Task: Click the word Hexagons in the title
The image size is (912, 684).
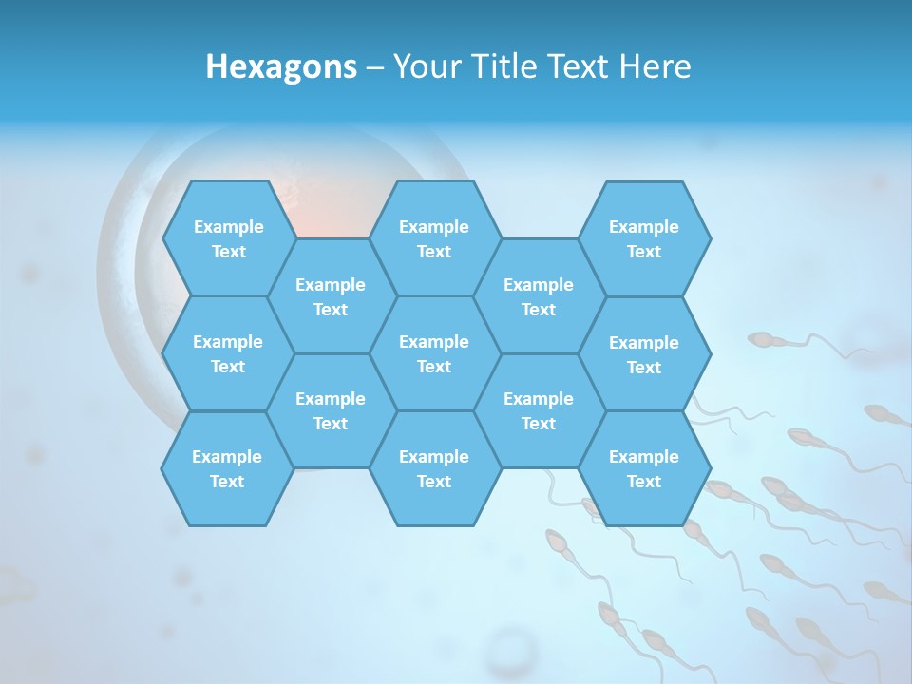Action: pyautogui.click(x=281, y=66)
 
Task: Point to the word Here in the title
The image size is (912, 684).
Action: pyautogui.click(x=655, y=66)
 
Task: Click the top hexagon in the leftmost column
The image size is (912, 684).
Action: pyautogui.click(x=228, y=238)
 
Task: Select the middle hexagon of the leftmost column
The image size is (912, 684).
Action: pyautogui.click(x=228, y=353)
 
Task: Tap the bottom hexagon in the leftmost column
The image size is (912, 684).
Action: pyautogui.click(x=228, y=468)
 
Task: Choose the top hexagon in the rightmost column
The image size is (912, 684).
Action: pyautogui.click(x=644, y=238)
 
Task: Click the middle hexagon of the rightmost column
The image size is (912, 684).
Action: pyautogui.click(x=644, y=354)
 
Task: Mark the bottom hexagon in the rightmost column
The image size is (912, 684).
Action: pyautogui.click(x=644, y=468)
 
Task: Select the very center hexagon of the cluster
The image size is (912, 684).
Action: pyautogui.click(x=434, y=353)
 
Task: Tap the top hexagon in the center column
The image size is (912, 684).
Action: pyautogui.click(x=434, y=238)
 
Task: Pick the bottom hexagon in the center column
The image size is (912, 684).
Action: pyautogui.click(x=434, y=468)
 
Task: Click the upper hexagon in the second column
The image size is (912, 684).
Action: pyautogui.click(x=331, y=296)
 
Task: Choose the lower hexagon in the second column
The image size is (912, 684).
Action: pyautogui.click(x=331, y=410)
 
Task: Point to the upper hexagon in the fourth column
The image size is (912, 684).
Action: pyautogui.click(x=539, y=296)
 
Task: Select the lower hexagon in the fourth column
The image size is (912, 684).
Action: pyautogui.click(x=539, y=410)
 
